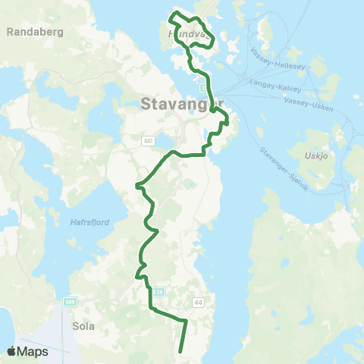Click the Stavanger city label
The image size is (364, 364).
pos(183,105)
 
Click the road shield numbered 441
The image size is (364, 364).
pos(149,140)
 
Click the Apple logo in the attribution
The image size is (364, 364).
pos(12,351)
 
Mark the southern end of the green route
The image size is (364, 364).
pos(180,351)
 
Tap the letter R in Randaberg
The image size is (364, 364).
pos(10,32)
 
